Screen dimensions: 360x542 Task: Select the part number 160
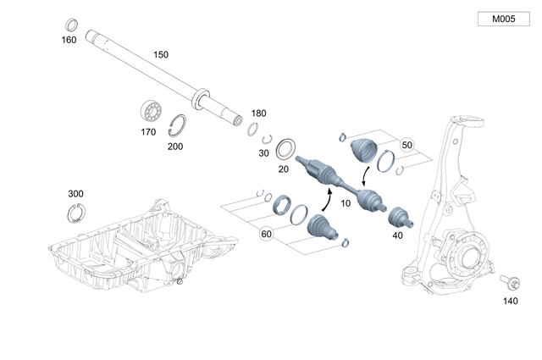[69, 40]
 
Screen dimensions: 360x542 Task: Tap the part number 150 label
[160, 54]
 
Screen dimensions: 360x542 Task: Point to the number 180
[258, 113]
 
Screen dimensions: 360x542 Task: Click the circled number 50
[406, 144]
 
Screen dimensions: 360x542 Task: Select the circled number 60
[266, 234]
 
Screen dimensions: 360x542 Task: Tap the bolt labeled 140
[511, 282]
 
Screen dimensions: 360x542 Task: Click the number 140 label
[510, 301]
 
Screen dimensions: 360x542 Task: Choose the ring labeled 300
[76, 213]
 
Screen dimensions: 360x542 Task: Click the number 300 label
[75, 194]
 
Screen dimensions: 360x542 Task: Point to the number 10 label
[345, 204]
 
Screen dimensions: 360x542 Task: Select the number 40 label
[398, 235]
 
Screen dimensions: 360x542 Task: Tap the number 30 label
[264, 153]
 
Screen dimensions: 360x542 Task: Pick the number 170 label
[148, 132]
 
